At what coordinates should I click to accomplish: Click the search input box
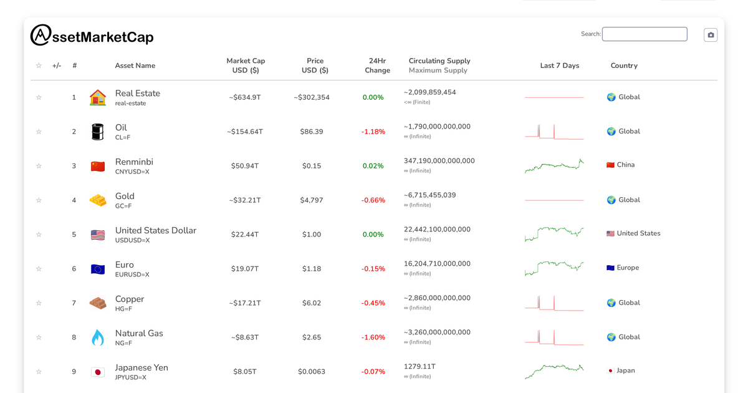645,34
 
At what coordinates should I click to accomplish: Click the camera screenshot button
711,35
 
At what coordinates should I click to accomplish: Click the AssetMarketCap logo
92,36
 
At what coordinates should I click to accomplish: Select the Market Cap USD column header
246,65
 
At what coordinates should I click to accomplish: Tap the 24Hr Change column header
377,65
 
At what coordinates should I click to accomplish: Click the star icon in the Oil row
39,132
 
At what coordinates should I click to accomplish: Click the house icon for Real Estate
98,97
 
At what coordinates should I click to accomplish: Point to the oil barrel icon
98,132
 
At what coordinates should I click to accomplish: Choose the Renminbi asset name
134,162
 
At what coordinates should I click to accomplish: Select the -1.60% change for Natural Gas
373,337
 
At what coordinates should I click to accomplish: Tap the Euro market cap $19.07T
246,269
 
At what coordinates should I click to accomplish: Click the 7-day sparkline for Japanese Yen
554,371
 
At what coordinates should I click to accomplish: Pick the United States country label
638,233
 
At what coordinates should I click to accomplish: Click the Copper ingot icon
98,303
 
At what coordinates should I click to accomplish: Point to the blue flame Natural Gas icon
98,337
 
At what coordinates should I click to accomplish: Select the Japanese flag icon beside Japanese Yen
98,372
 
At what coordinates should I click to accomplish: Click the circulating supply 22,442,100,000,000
437,230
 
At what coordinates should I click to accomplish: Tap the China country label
625,165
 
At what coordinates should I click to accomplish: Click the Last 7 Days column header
559,65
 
